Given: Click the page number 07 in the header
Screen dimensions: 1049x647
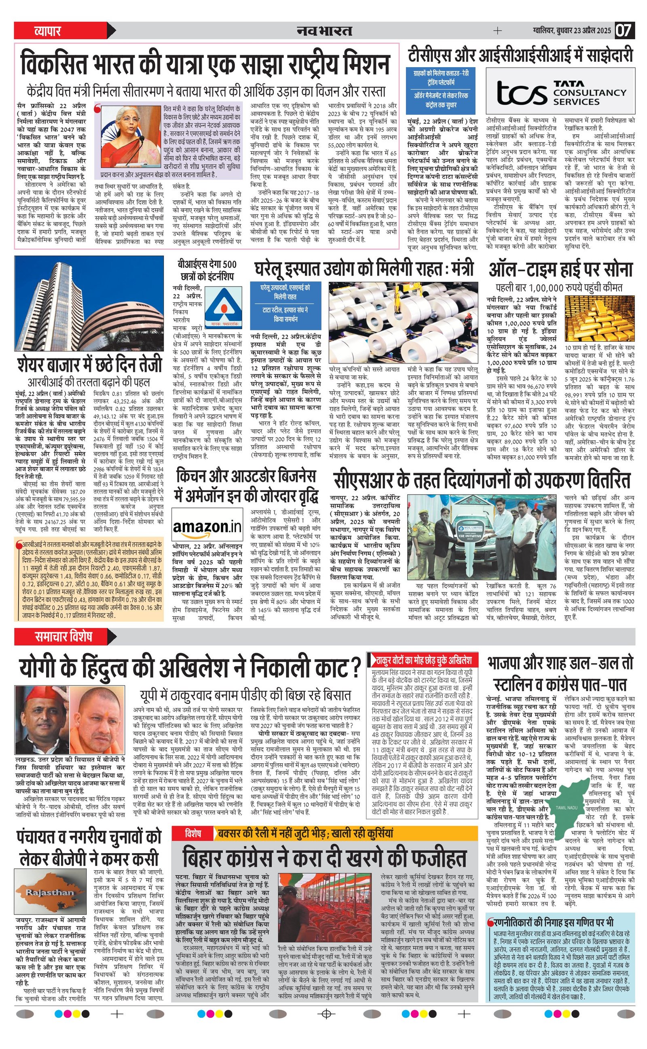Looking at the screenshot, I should click(624, 30).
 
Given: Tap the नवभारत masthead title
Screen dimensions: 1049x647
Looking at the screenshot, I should click(324, 31).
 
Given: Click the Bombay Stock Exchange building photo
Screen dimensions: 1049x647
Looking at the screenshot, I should click(89, 303).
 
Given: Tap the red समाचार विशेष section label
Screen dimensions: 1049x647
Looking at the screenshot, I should click(63, 637).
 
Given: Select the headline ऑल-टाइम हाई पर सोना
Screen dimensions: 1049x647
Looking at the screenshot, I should click(560, 270).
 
